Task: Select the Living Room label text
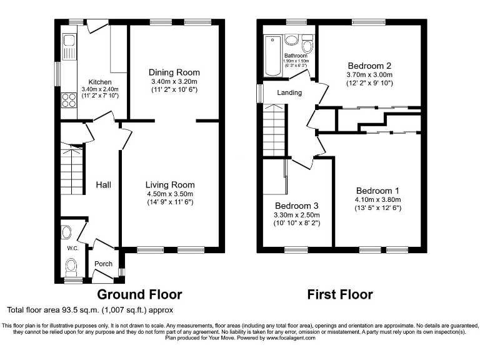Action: (x=170, y=184)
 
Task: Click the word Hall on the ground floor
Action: (x=103, y=184)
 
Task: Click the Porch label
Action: (x=103, y=264)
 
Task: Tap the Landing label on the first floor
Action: (x=289, y=92)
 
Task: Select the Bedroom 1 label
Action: (x=378, y=191)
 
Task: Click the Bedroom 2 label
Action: (x=369, y=66)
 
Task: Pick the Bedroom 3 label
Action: (x=297, y=206)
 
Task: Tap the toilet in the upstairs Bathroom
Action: (x=307, y=44)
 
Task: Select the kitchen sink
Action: (x=69, y=46)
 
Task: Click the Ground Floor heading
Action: (x=139, y=294)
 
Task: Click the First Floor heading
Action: (x=340, y=294)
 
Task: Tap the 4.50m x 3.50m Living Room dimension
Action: (x=170, y=194)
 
